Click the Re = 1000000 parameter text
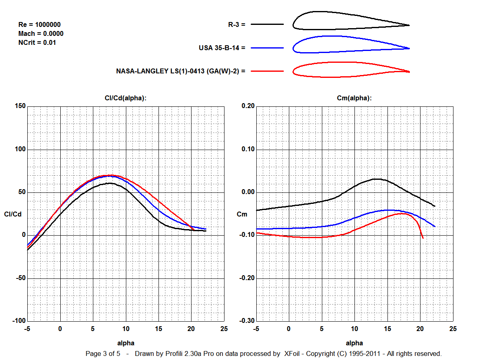40,25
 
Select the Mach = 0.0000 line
41,33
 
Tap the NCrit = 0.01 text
37,42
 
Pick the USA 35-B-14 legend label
222,48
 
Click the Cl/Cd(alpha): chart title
125,98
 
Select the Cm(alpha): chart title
354,98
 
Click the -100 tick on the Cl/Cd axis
19,321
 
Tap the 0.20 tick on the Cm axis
248,106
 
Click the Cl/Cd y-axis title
13,214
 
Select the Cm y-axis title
242,214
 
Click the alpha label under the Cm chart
354,343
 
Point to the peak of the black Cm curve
377,179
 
